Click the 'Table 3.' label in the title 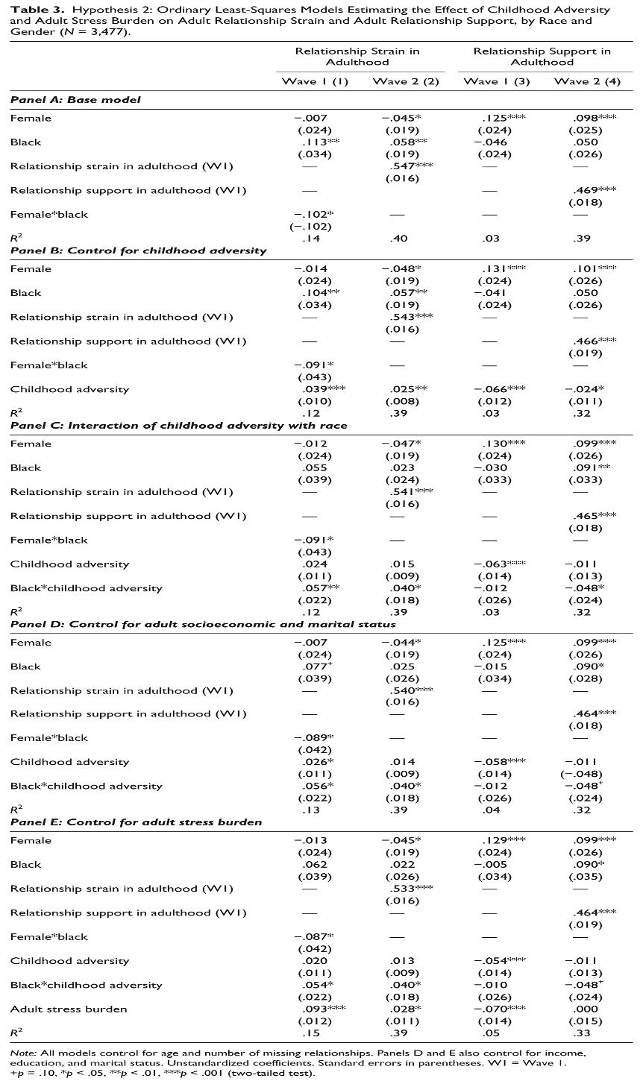point(31,10)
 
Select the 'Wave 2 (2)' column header point(406,81)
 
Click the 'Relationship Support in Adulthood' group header point(542,57)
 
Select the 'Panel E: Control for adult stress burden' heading point(137,822)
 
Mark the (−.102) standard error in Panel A point(313,227)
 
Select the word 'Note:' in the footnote point(23,1053)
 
